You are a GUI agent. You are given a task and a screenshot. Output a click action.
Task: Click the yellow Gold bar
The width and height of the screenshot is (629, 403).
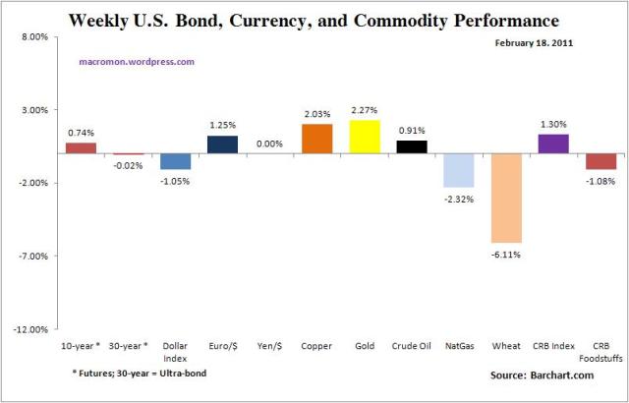coord(365,137)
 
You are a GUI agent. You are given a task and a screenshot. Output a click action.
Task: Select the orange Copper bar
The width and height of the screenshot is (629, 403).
coord(317,139)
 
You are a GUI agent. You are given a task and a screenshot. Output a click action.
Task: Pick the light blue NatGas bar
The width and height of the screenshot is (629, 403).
coord(459,170)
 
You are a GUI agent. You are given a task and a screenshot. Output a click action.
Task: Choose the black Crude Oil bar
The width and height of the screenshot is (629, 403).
coord(412,146)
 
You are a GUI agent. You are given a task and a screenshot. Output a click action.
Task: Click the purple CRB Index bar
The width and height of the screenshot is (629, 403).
coord(553,144)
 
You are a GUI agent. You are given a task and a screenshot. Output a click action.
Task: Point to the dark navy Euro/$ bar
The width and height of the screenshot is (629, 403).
coord(223,144)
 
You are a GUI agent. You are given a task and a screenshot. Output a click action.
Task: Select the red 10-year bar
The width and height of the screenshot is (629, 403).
coord(82,147)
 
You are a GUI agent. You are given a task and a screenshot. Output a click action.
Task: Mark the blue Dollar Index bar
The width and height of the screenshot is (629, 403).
coord(176,161)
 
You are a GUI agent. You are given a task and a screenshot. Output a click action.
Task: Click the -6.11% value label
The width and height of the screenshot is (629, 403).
coord(506,255)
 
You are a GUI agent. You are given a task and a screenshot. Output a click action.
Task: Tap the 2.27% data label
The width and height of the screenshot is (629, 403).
coord(365,110)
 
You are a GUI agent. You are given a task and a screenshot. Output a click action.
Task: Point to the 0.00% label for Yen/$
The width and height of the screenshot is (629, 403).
coord(270,144)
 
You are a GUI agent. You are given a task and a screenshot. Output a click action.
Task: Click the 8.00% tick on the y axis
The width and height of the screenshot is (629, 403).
coord(34,37)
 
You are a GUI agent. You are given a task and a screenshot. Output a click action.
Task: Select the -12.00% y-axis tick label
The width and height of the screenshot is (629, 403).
coord(32,329)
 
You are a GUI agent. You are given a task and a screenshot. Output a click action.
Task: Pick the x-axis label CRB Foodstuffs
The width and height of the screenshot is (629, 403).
coord(600,351)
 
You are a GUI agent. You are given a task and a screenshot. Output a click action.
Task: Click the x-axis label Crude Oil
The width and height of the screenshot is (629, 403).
coord(412,346)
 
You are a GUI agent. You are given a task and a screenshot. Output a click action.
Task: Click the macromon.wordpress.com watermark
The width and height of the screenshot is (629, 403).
coord(136,61)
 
